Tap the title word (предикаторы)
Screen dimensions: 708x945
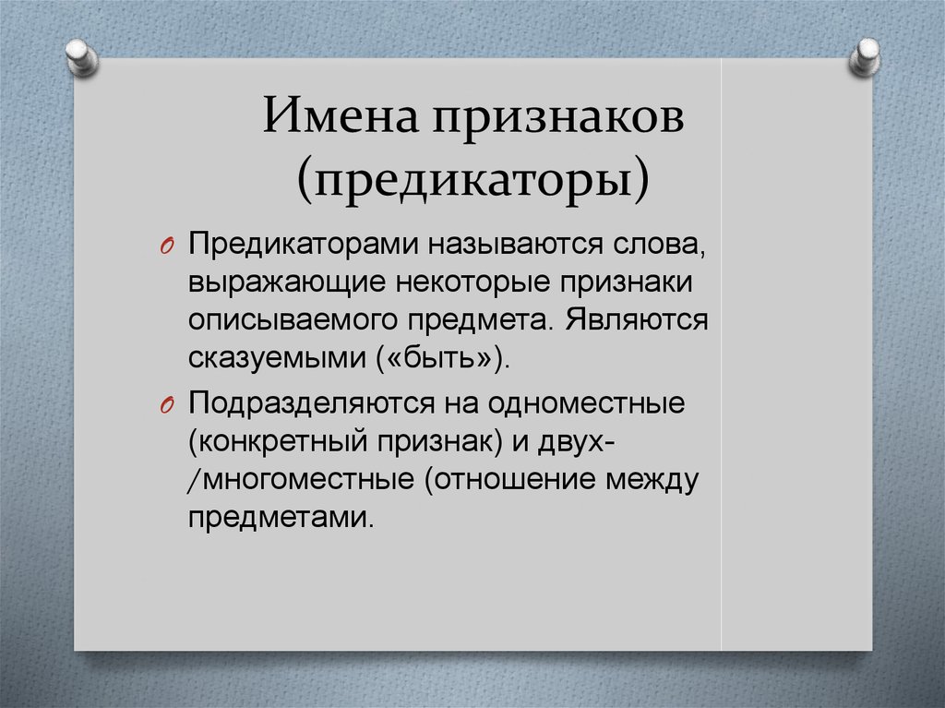pyautogui.click(x=472, y=175)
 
